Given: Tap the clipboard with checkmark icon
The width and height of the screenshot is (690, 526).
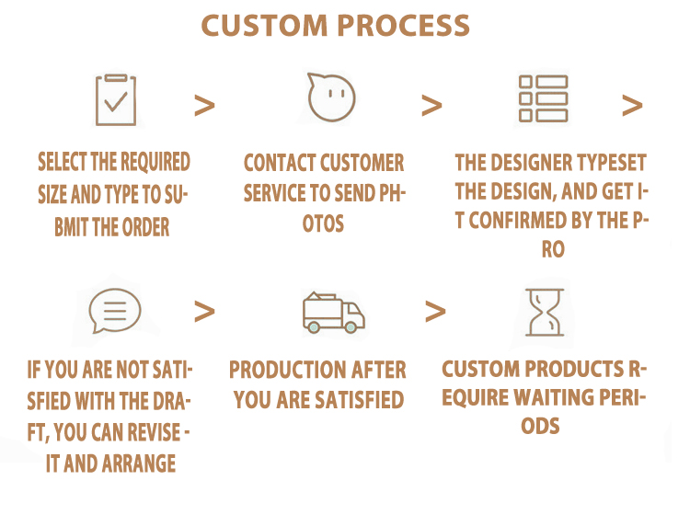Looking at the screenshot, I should tap(115, 99).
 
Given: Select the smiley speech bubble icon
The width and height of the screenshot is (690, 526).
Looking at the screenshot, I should tap(331, 96).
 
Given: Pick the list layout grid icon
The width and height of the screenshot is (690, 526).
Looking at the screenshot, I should tap(543, 98).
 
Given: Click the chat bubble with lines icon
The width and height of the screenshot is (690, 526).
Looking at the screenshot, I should tap(114, 311).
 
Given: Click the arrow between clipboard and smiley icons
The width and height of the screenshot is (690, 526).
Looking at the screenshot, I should tap(204, 106).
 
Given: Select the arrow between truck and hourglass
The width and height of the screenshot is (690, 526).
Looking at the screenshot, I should tap(435, 312).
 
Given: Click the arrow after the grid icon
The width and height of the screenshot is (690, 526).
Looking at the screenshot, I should tap(632, 106).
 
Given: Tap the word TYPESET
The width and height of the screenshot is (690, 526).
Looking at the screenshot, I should tap(611, 164).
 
